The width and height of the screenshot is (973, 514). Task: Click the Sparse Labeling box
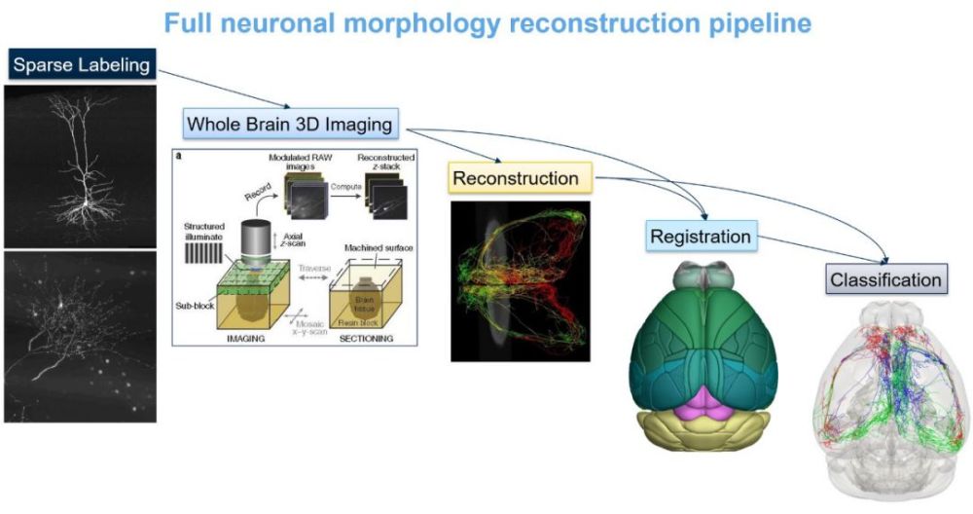(82, 66)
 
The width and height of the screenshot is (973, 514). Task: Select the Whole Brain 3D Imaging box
(290, 125)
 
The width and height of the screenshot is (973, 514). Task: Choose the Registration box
(701, 236)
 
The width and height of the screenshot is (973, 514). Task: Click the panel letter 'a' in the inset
(179, 155)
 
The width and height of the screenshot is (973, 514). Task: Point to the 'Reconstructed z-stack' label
(386, 163)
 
